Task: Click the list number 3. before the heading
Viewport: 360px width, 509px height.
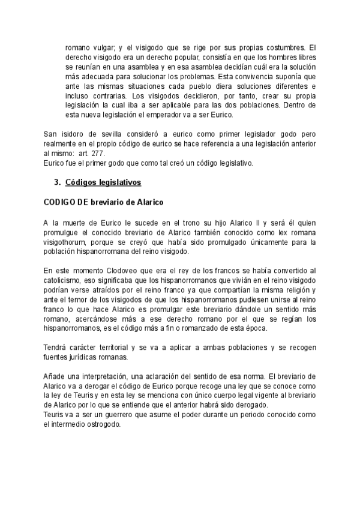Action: click(58, 181)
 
